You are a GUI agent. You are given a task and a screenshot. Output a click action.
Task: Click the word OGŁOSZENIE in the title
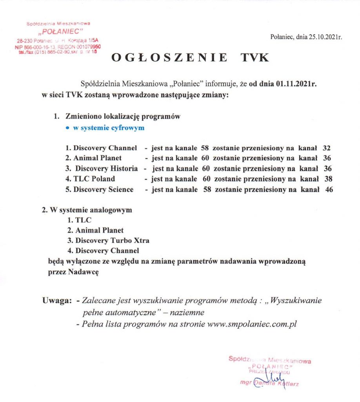click(169, 58)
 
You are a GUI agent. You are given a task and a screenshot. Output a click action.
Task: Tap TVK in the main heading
click(255, 58)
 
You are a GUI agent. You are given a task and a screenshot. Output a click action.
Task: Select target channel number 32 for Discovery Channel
click(326, 148)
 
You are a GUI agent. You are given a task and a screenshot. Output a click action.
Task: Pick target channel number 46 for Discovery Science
click(326, 189)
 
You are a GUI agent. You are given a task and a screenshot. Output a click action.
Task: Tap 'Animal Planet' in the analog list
click(99, 230)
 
